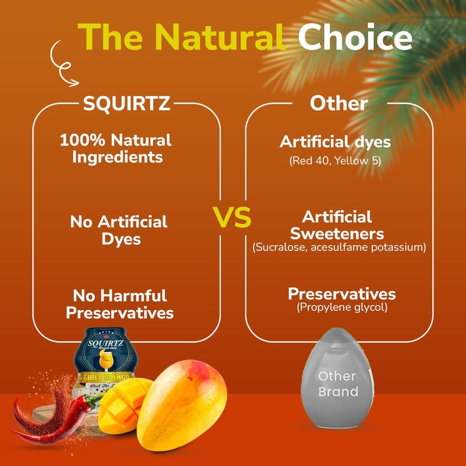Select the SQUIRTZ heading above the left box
pos(126,104)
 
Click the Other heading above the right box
pos(338,104)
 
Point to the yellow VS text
pos(232,217)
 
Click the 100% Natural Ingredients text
pos(116,149)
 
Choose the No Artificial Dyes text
pos(119,230)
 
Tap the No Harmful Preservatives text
pos(119,304)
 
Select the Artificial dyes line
pos(335,142)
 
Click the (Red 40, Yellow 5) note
pos(335,161)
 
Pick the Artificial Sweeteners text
pos(337,225)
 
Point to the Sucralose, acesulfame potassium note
pos(340,248)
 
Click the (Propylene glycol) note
pos(342,307)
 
